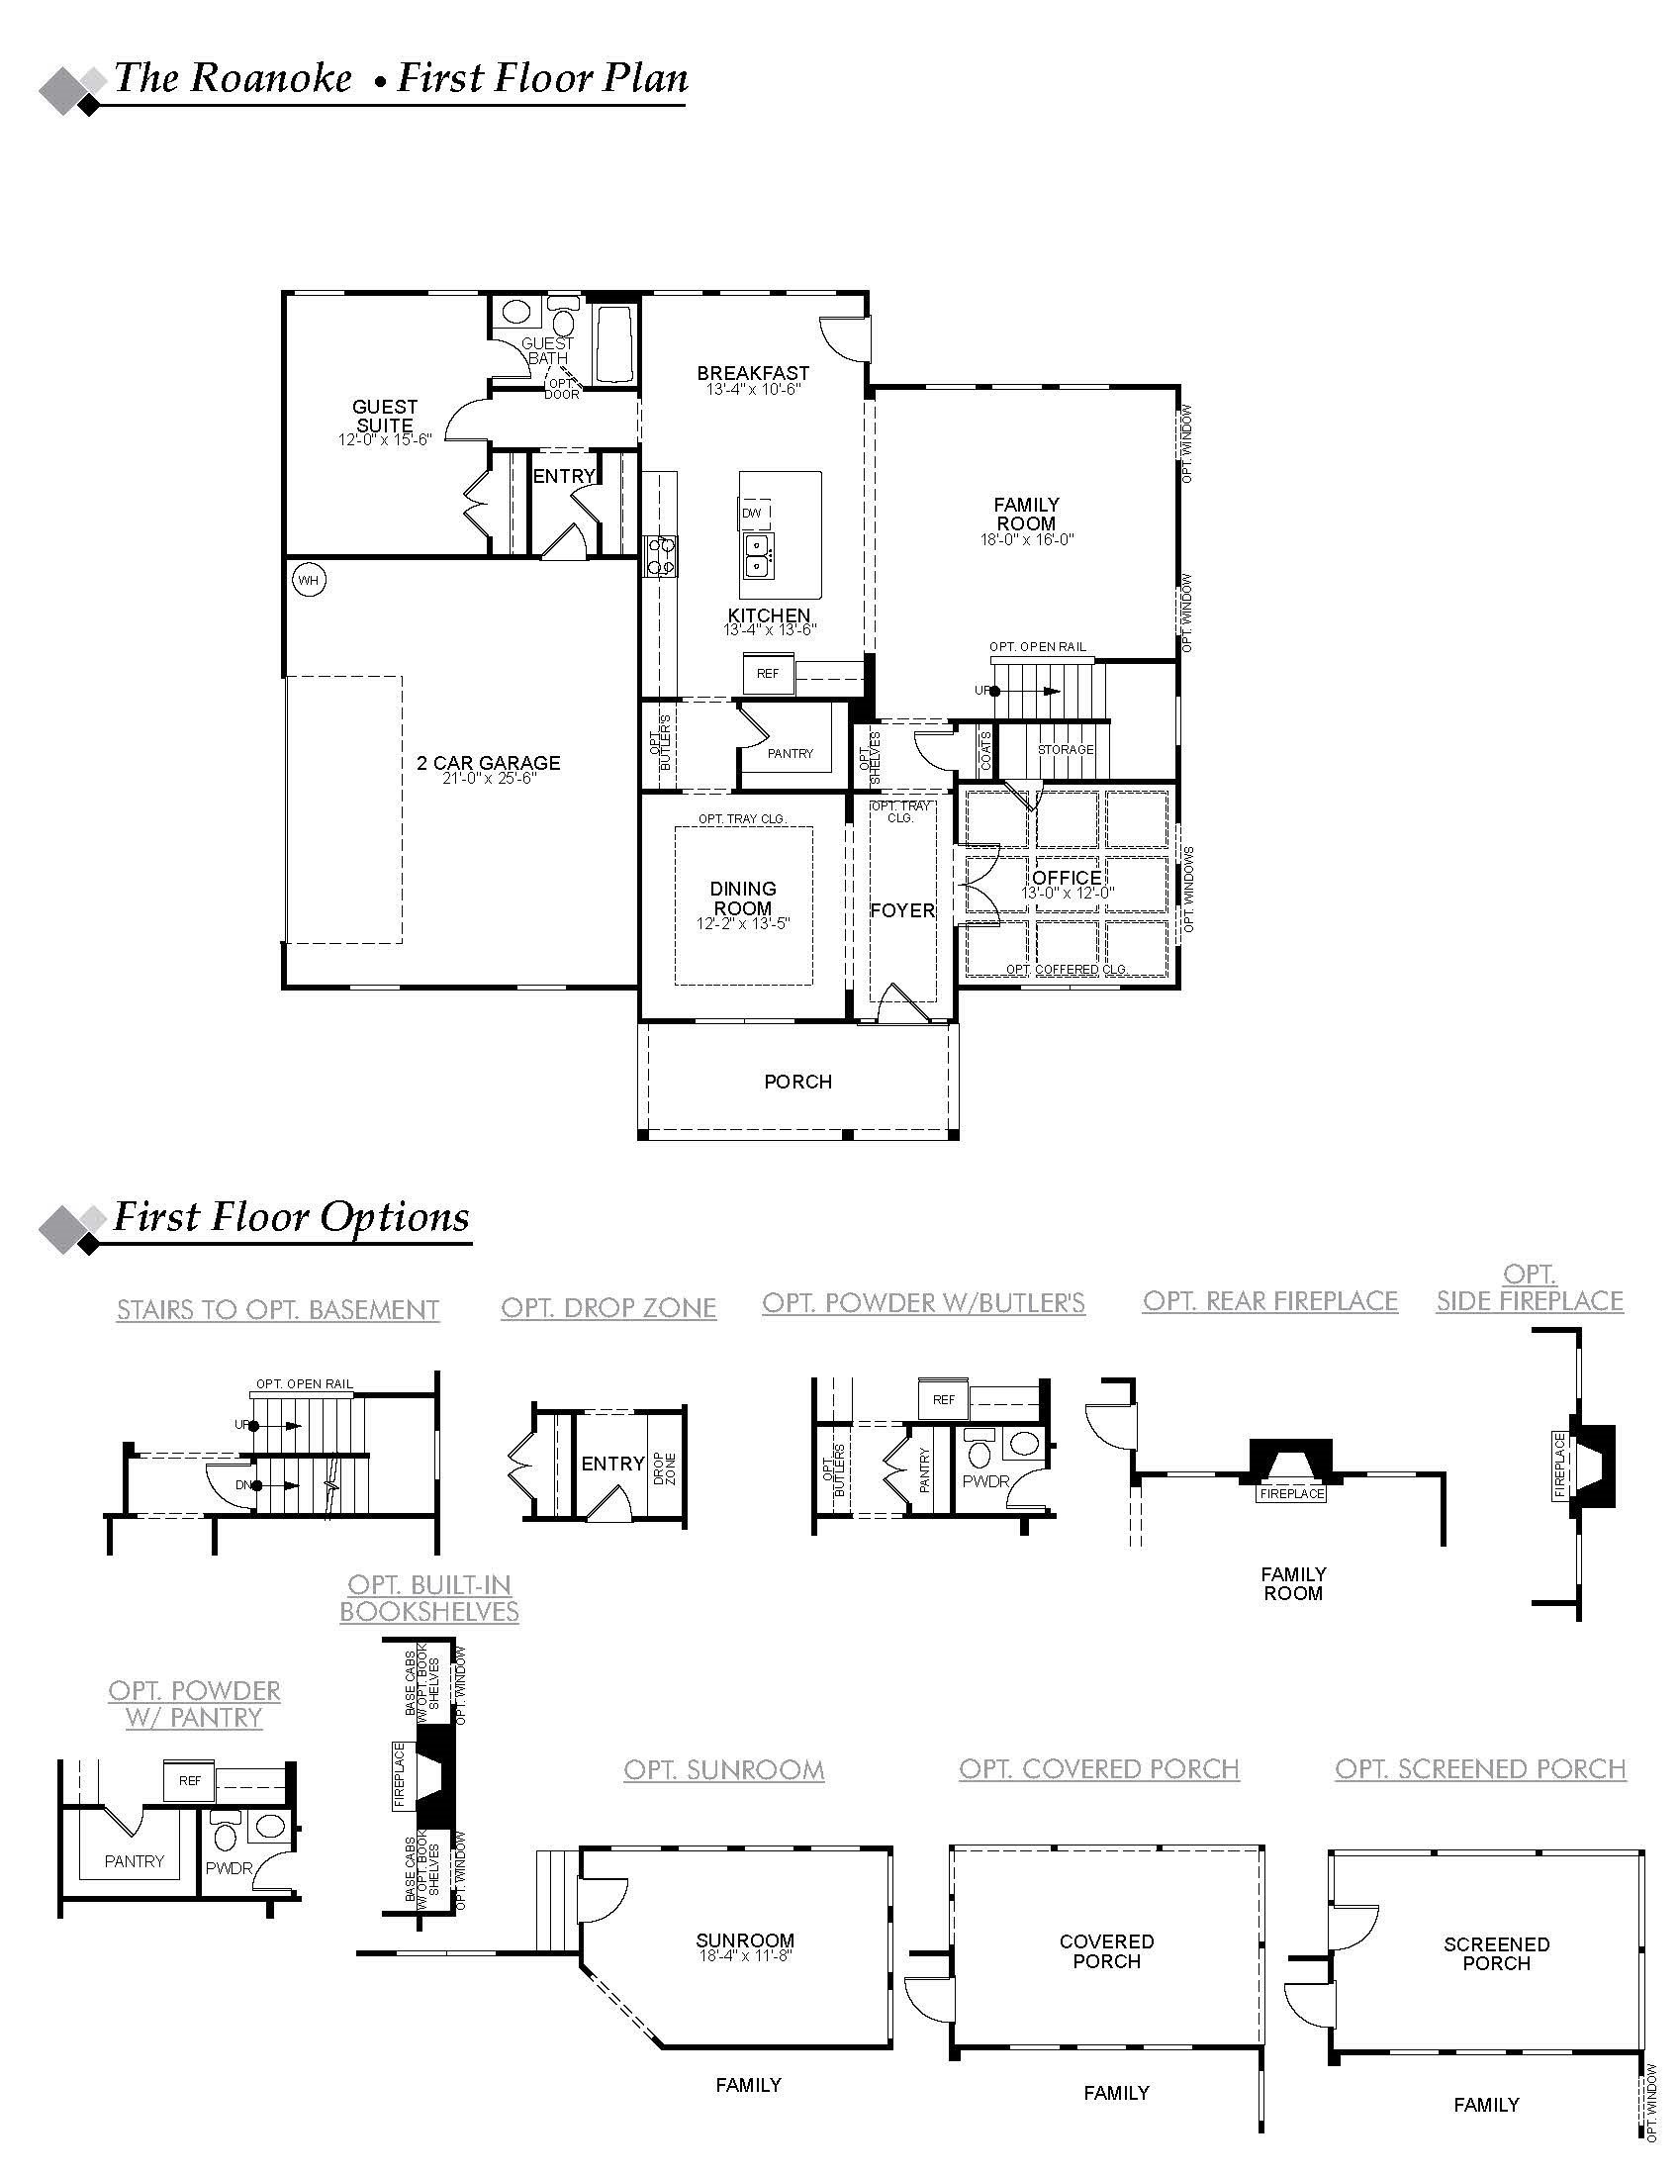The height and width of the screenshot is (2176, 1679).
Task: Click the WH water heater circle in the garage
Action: click(309, 580)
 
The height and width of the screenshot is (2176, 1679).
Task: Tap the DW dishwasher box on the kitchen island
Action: click(754, 514)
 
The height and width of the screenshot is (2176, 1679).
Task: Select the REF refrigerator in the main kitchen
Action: click(767, 674)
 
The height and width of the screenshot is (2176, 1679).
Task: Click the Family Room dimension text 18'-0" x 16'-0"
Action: click(1026, 540)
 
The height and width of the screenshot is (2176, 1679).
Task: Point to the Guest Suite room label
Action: click(385, 416)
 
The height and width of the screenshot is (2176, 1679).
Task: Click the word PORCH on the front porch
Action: click(798, 1082)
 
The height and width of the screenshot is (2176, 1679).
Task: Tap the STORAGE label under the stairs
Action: click(1066, 750)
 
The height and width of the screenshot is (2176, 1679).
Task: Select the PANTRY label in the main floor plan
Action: click(791, 754)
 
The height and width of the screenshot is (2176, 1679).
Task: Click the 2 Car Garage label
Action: click(488, 763)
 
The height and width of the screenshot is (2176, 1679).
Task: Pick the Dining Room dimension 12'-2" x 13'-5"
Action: click(743, 924)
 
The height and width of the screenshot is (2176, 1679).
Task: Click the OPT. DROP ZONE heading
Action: click(608, 1308)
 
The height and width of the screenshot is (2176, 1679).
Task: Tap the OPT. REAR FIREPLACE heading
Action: click(1270, 1301)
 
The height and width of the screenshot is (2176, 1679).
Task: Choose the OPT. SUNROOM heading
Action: click(724, 1770)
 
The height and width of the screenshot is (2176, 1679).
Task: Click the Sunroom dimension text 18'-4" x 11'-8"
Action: click(745, 1955)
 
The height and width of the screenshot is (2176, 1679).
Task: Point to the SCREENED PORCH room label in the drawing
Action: click(1496, 1953)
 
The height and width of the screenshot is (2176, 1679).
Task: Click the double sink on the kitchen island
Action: click(757, 556)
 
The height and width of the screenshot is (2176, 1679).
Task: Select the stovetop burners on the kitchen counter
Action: click(661, 556)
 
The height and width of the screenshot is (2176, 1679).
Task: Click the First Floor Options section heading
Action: click(291, 1217)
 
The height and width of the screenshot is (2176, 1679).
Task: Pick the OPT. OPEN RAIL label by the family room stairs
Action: click(1037, 647)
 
